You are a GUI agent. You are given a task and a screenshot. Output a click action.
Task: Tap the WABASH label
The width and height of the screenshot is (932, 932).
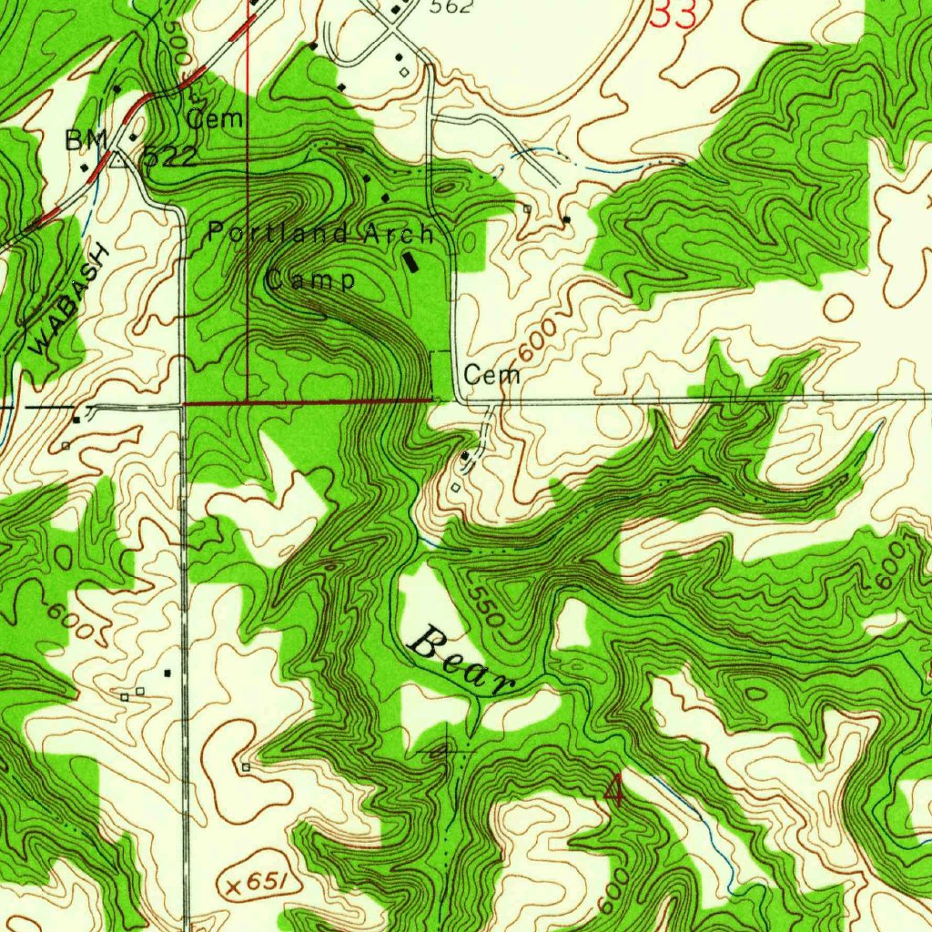click(x=69, y=301)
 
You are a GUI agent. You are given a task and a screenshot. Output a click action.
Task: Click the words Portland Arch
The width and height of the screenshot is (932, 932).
click(x=321, y=233)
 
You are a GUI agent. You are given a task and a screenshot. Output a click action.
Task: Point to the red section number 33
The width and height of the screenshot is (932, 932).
click(x=675, y=15)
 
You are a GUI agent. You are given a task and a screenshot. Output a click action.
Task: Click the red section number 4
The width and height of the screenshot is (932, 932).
click(x=615, y=791)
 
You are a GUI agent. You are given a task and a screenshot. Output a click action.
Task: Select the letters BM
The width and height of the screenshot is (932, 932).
click(x=86, y=140)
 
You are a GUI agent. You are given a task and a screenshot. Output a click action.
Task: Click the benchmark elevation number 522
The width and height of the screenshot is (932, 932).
click(x=169, y=157)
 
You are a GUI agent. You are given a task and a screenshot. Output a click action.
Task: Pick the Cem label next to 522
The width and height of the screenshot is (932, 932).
click(x=215, y=118)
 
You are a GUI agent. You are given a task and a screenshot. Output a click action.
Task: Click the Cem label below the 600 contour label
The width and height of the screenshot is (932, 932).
click(x=491, y=374)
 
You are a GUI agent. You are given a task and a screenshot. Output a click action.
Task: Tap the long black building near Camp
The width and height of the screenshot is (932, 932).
click(x=412, y=261)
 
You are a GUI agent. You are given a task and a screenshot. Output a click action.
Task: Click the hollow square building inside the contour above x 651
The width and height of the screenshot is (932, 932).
click(x=246, y=767)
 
